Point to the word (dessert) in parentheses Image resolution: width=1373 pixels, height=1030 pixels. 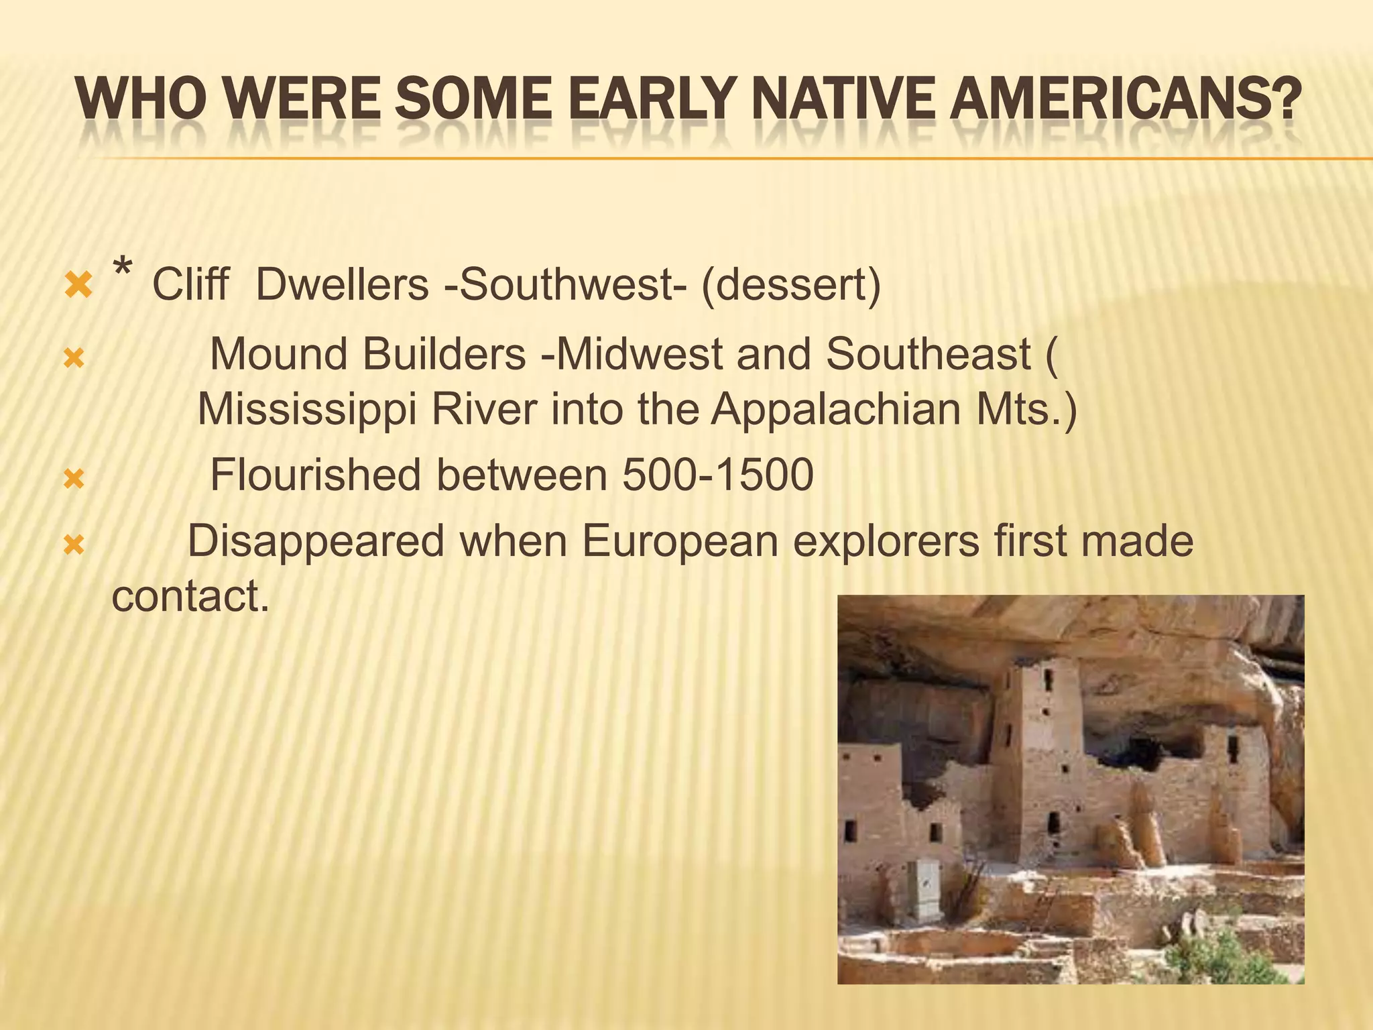(791, 284)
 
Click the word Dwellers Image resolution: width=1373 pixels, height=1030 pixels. (342, 284)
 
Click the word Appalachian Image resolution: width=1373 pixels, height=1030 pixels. (835, 408)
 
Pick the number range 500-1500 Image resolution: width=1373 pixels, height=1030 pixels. (717, 475)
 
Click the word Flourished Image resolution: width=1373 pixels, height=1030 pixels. (315, 475)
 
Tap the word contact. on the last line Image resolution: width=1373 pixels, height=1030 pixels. (190, 595)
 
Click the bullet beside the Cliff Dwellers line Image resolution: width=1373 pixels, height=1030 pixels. (78, 286)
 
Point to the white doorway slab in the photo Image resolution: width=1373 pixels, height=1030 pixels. (928, 890)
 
